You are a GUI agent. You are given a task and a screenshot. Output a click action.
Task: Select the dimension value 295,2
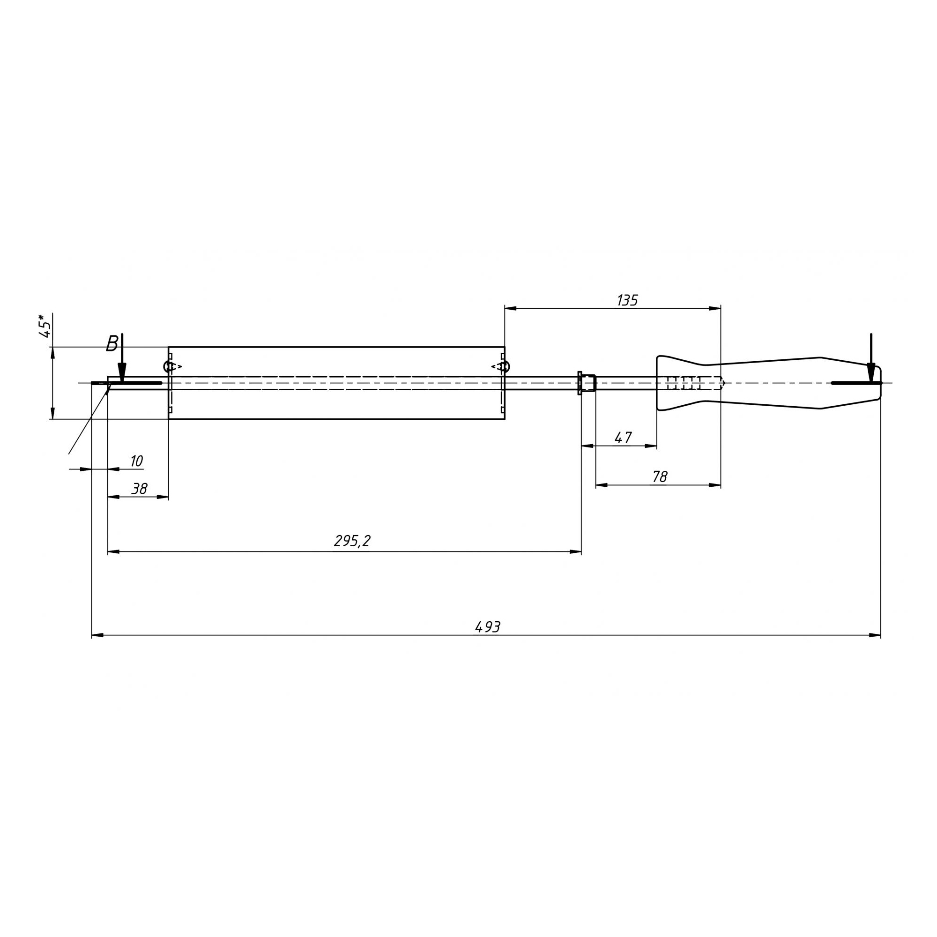(352, 541)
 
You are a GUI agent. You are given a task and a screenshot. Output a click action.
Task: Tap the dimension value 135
(627, 301)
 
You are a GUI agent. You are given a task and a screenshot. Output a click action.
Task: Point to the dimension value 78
(660, 477)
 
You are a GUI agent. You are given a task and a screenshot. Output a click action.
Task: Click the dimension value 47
(623, 438)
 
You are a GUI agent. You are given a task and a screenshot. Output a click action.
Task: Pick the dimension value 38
(139, 488)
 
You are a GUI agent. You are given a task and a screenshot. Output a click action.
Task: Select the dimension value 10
(136, 461)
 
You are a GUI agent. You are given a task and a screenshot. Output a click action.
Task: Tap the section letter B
(112, 343)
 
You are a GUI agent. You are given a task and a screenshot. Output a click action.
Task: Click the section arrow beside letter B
(122, 358)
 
